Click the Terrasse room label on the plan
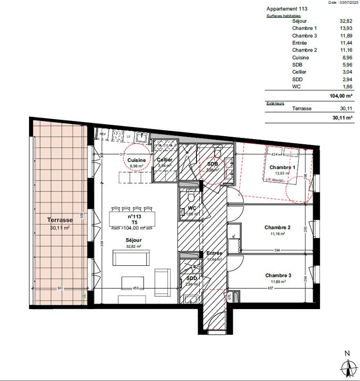pyautogui.click(x=60, y=221)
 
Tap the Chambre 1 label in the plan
pyautogui.click(x=283, y=168)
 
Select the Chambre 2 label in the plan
pyautogui.click(x=278, y=228)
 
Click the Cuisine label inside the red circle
pyautogui.click(x=136, y=160)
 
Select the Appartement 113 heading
pyautogui.click(x=287, y=9)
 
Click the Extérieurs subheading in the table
pyautogui.click(x=275, y=103)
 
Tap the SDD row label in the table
pyautogui.click(x=297, y=79)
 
